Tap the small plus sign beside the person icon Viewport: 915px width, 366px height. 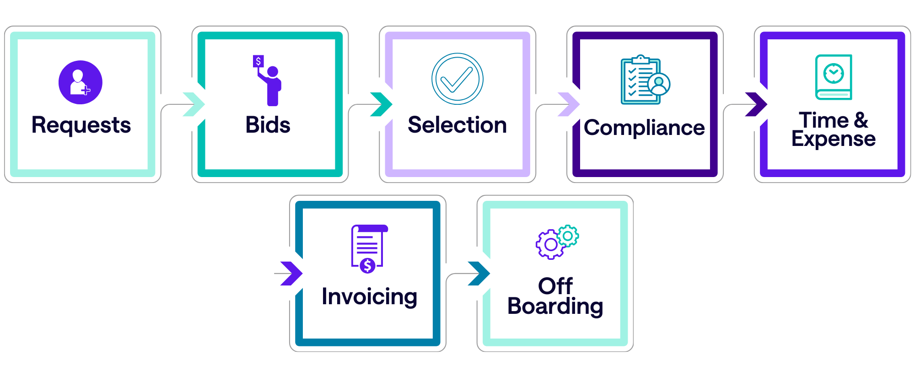(86, 91)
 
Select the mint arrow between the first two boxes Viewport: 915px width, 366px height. (192, 104)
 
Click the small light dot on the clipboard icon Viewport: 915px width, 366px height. (659, 81)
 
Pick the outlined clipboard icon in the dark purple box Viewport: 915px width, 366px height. (640, 81)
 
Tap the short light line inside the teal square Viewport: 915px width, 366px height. (834, 95)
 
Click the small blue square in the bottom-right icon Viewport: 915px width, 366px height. (575, 255)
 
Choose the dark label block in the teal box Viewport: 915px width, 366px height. (291, 131)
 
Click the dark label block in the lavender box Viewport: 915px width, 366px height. (465, 142)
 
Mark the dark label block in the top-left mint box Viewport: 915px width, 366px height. (90, 143)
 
